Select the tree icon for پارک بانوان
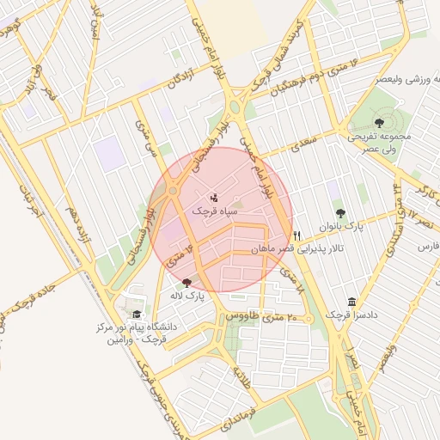[341, 213]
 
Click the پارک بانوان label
[362, 227]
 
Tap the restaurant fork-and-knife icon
[297, 235]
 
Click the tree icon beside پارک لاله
[187, 282]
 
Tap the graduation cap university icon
[137, 315]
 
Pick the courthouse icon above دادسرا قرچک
[352, 302]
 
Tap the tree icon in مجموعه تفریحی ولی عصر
[380, 123]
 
